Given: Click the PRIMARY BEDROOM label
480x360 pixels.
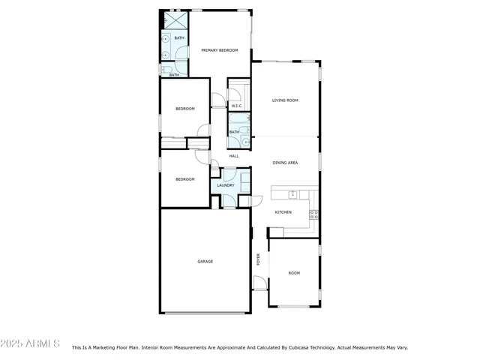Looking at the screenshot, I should coord(219,50).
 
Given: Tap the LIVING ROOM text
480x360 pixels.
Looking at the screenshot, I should coord(285,100).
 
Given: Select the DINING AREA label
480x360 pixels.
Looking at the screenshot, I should coord(285,162).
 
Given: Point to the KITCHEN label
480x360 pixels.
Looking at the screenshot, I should coord(283,212).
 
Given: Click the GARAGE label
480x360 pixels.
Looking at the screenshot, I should coord(205,261).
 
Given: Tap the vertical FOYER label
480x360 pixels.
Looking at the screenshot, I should coord(259,259).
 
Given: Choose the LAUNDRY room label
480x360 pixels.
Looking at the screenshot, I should coord(226,185).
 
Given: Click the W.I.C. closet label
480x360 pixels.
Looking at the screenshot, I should coord(235,106).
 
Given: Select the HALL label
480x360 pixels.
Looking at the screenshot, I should coord(234,156).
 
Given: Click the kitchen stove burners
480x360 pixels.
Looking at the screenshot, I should coord(313,214).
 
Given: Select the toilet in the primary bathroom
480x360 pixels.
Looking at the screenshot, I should coord(164,70).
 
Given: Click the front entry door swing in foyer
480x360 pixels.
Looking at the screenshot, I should coord(259,283).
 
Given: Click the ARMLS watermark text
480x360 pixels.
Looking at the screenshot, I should coord(31,343).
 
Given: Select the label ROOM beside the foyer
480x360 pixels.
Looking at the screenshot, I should coord(294,273).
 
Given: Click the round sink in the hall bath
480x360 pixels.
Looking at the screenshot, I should coord(244,140).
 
